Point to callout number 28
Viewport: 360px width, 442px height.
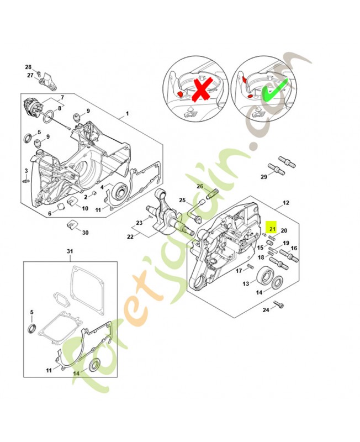point(28,67)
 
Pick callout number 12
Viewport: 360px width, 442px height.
point(285,203)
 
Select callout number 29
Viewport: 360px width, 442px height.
point(264,177)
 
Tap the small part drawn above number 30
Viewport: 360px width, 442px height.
point(70,224)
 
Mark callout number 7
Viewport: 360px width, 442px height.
point(62,97)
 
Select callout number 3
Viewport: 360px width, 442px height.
point(25,170)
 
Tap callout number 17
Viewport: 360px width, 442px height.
point(239,271)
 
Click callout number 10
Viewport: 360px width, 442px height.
point(84,208)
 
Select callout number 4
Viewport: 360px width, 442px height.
point(102,187)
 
